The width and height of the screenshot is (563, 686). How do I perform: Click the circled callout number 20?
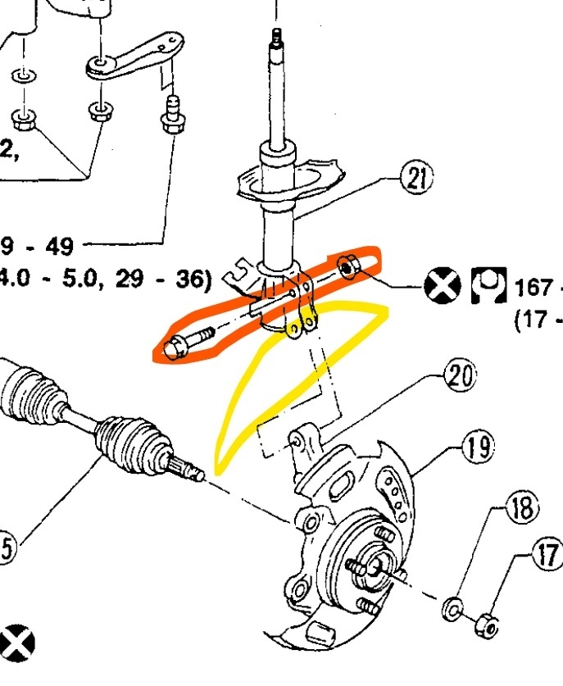tap(460, 376)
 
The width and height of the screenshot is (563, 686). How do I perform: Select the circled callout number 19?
tap(479, 447)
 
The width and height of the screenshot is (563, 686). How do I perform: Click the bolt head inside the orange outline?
tap(175, 348)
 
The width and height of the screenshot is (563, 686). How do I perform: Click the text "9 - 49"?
tap(45, 246)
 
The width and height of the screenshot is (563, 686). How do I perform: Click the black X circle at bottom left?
tap(18, 640)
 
